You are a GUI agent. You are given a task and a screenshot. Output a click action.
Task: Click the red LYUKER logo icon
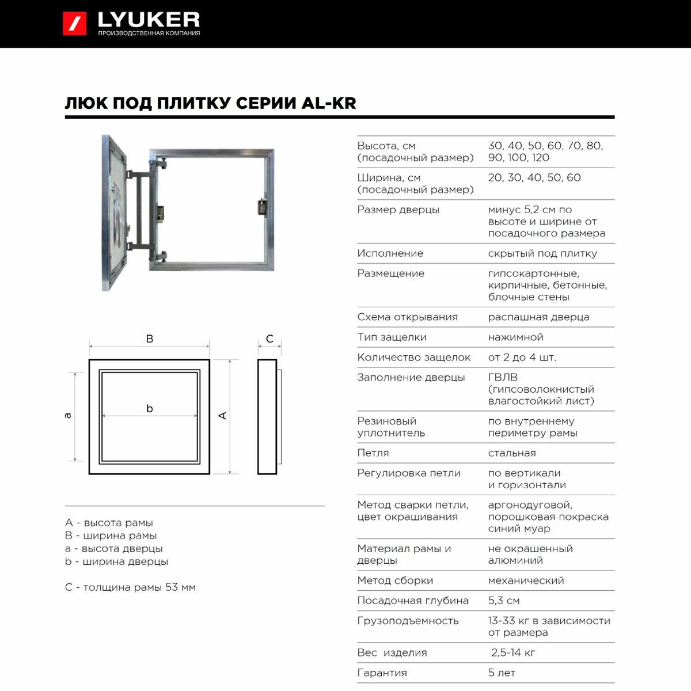75,24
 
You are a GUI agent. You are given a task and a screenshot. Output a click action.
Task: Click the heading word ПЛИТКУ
190,103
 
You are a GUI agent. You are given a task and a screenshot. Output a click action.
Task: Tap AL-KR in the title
329,103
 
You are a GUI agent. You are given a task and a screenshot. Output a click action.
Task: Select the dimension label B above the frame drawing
150,339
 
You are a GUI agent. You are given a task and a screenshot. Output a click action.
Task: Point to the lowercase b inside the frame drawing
150,408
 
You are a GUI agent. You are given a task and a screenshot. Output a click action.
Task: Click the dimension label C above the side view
269,339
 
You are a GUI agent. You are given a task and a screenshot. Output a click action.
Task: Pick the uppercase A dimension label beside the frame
223,416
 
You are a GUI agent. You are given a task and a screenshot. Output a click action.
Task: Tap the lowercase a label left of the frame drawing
68,416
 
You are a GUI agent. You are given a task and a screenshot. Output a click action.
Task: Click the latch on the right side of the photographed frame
262,207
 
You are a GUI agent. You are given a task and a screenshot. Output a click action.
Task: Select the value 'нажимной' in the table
515,337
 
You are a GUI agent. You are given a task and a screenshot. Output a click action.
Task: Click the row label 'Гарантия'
382,673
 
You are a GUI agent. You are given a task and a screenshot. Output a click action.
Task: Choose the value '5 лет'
502,673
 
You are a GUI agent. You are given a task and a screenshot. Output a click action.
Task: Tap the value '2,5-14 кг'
513,652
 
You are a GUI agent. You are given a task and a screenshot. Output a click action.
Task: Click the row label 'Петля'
373,453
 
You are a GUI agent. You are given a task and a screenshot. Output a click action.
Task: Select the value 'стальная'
512,453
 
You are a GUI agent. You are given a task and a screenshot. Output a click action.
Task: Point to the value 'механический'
526,580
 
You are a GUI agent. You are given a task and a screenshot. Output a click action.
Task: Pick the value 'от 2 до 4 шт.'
522,357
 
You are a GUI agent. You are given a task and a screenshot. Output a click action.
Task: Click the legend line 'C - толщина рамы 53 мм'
130,587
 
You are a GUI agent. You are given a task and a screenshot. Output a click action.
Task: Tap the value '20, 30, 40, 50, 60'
534,177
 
